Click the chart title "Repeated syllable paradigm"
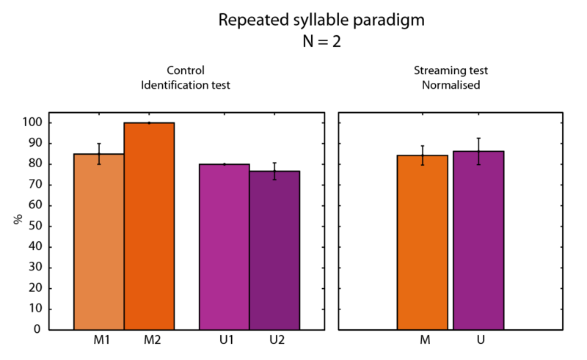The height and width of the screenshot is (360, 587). click(x=321, y=21)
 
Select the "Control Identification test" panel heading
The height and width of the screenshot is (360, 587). click(x=186, y=78)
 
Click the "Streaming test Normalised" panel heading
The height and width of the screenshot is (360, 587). click(x=451, y=78)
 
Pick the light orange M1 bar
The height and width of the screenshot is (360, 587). click(x=99, y=242)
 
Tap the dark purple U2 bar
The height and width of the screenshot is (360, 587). click(x=274, y=250)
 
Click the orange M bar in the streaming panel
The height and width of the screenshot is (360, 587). click(x=423, y=242)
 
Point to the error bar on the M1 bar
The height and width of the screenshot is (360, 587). click(x=99, y=154)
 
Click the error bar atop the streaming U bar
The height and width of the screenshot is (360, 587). click(x=478, y=151)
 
